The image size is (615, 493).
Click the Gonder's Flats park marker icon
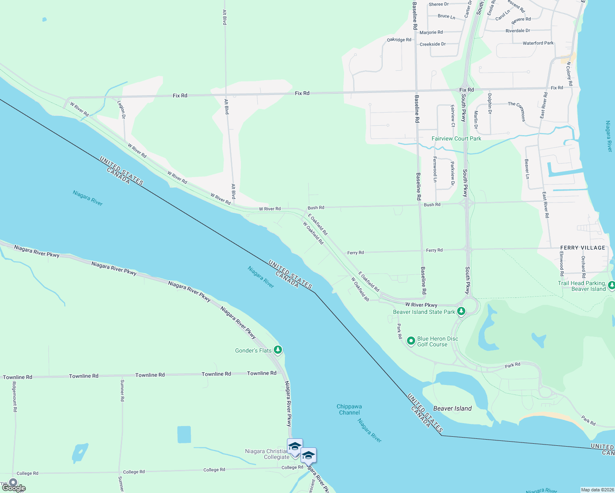pos(278,350)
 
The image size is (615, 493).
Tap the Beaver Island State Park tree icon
pos(461,311)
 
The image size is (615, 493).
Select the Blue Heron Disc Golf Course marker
pos(411,341)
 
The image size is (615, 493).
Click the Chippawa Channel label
pos(349,410)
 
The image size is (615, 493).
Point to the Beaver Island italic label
pos(452,408)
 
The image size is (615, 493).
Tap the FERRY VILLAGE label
pos(583,248)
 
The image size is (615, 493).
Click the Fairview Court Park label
pos(456,138)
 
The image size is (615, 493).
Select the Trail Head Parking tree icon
pos(611,285)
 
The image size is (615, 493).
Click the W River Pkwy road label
pos(421,305)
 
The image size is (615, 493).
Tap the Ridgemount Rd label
pos(15,396)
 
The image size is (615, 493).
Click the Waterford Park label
pos(538,43)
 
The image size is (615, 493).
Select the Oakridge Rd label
pos(399,40)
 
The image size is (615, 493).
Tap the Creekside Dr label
pos(432,44)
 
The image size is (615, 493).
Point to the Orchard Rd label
pos(583,267)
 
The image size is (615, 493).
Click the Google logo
pos(14,488)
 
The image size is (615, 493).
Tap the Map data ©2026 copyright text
pos(597,490)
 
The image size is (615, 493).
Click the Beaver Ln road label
pos(527,169)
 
